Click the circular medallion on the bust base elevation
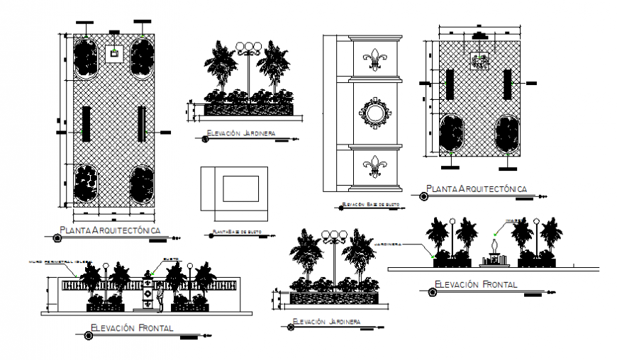click(374, 112)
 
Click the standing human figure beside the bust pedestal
click(161, 297)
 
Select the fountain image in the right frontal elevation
click(492, 253)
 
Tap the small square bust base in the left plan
click(113, 52)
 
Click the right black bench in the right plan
click(507, 85)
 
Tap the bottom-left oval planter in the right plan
click(452, 133)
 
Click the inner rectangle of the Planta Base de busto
click(241, 189)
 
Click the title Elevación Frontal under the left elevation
click(133, 328)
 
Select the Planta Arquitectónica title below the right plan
click(474, 189)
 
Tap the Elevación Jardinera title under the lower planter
click(326, 322)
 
